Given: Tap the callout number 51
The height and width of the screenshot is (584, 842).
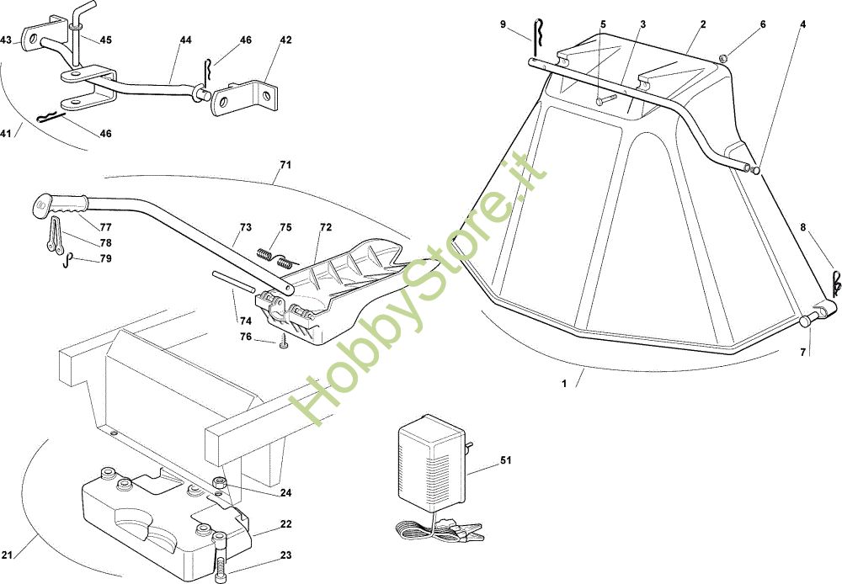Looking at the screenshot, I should pos(505,460).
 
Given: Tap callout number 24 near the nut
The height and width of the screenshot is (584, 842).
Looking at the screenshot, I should pos(285,493).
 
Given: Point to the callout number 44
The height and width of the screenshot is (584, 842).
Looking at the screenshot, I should pos(185,40).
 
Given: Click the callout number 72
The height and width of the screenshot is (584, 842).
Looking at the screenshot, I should pos(326,228).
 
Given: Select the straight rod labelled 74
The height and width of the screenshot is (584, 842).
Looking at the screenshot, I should pos(231,279).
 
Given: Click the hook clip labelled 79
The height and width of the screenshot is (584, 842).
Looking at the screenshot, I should pos(68,260).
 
